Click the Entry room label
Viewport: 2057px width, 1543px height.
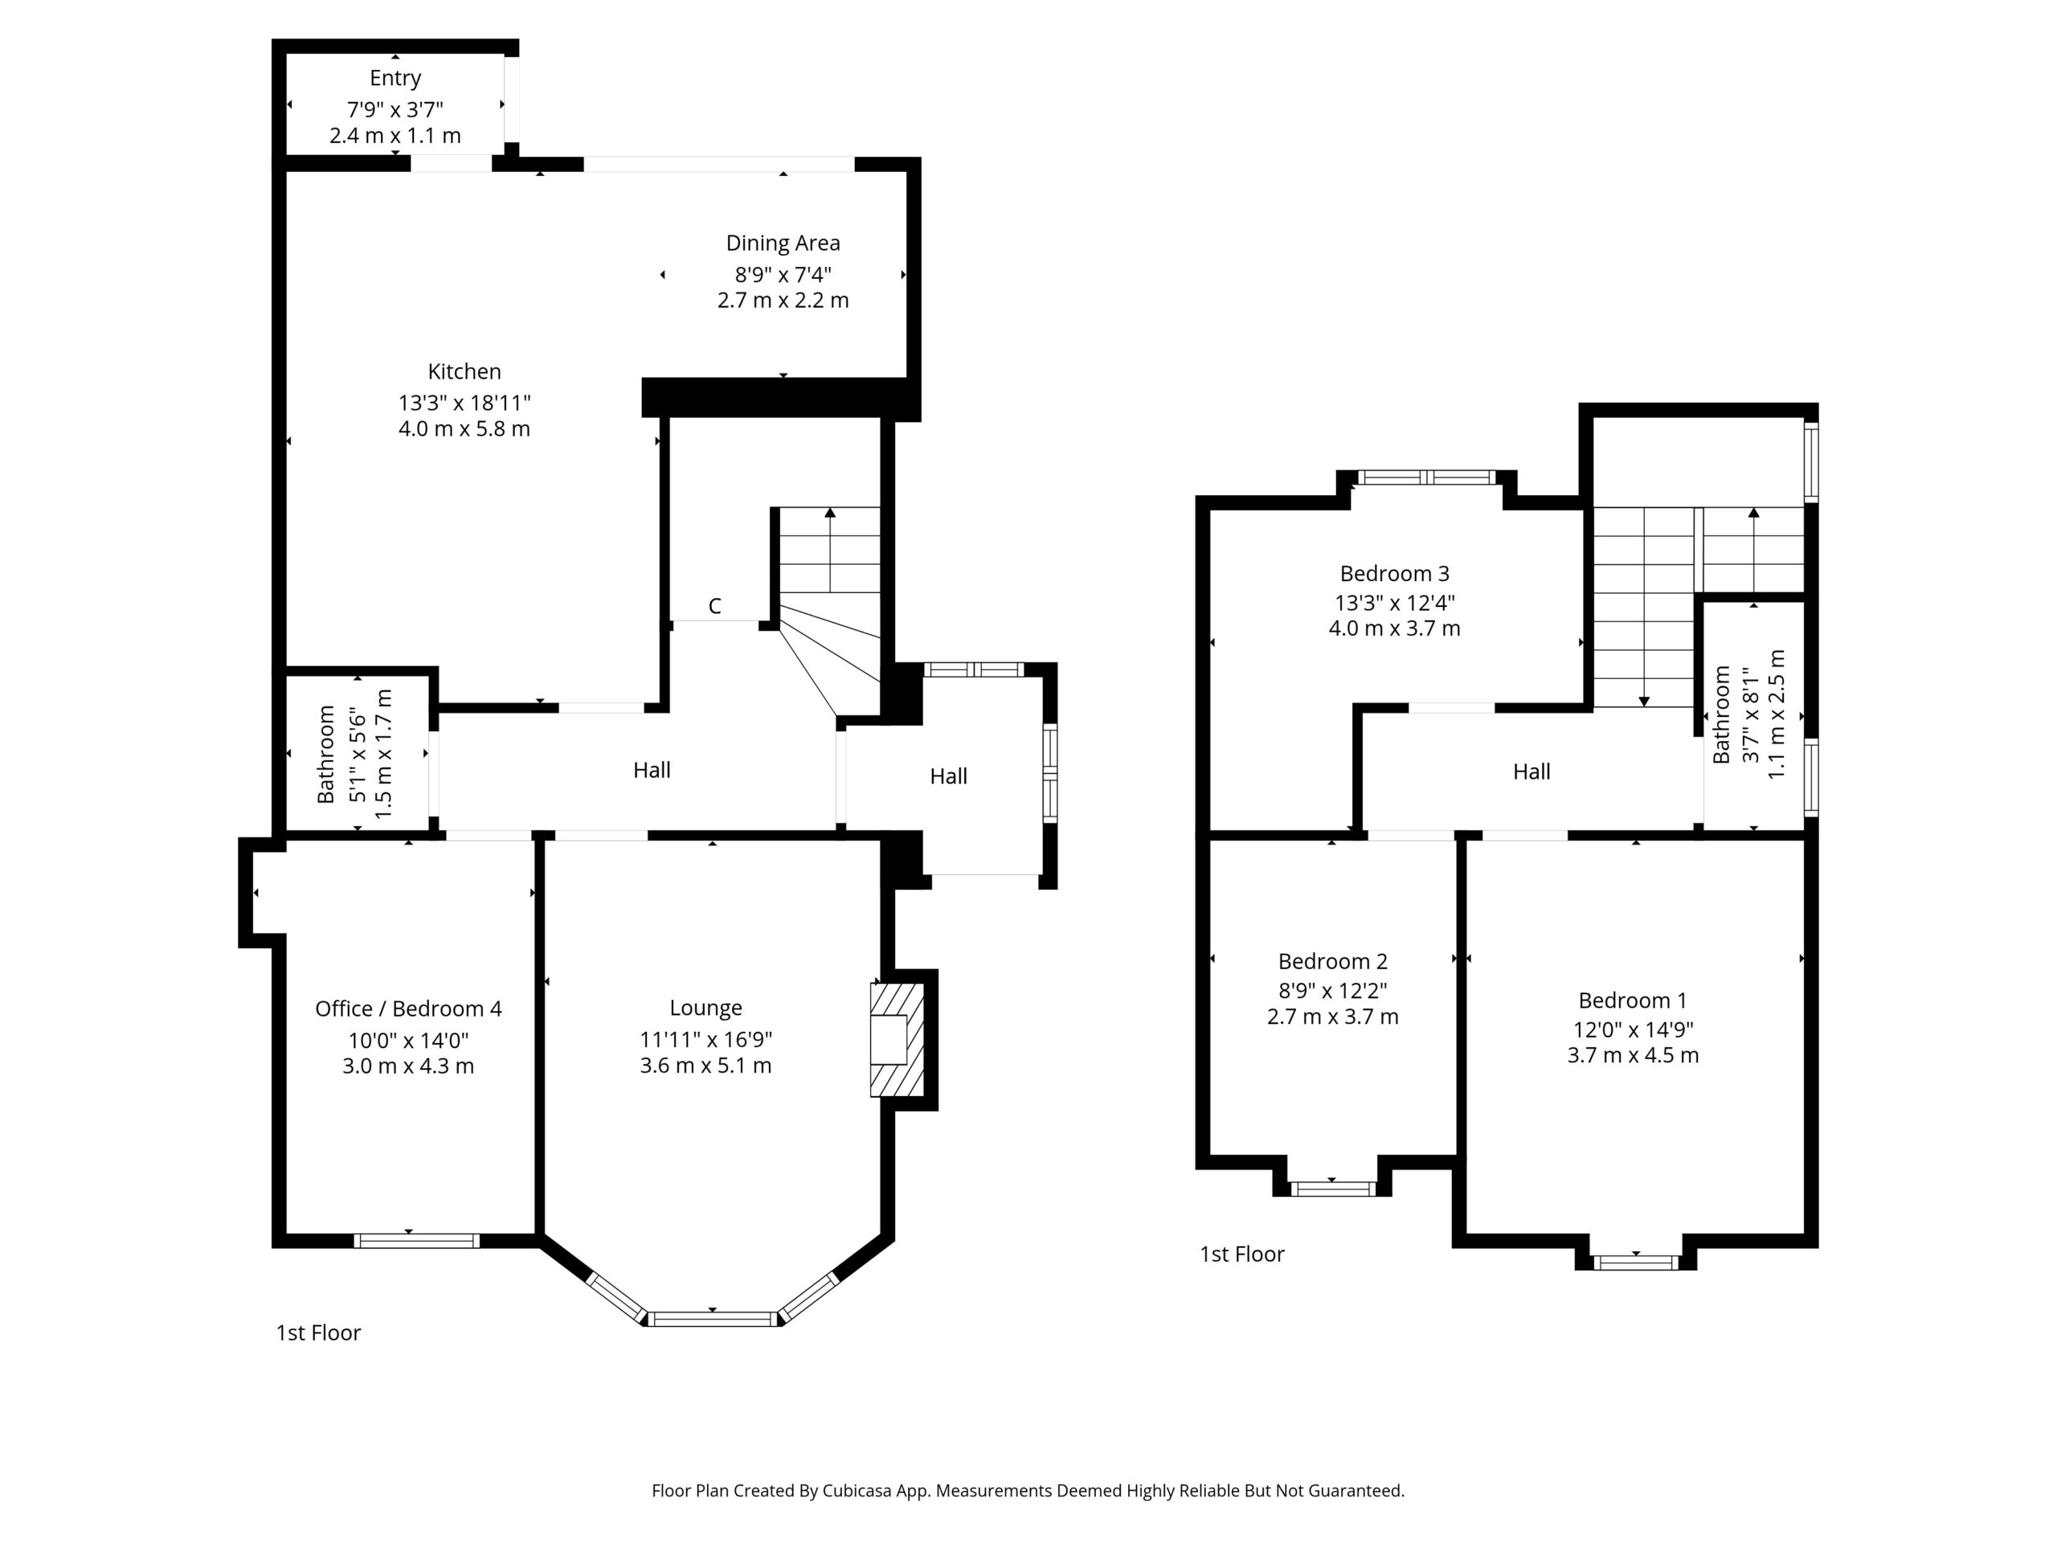point(395,78)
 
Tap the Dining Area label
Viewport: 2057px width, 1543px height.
point(783,244)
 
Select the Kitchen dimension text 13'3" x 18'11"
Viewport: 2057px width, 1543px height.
point(464,403)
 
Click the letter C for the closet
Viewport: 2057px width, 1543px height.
point(714,607)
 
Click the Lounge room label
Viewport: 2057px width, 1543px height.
point(705,1009)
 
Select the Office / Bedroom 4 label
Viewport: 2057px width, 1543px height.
point(408,1009)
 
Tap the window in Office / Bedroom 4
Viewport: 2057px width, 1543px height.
point(416,1240)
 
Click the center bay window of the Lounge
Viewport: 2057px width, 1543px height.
point(714,1318)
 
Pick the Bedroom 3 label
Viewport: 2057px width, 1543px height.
point(1394,574)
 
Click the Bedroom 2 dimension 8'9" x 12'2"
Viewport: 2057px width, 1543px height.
point(1332,991)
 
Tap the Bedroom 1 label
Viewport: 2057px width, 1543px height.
point(1632,1001)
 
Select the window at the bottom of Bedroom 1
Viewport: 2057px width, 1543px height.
point(1636,1262)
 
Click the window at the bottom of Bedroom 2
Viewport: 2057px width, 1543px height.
point(1331,1188)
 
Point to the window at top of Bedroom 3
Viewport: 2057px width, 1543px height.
point(1427,478)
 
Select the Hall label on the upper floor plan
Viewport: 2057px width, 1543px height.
point(1531,772)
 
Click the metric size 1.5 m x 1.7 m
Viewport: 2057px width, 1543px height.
point(383,755)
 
